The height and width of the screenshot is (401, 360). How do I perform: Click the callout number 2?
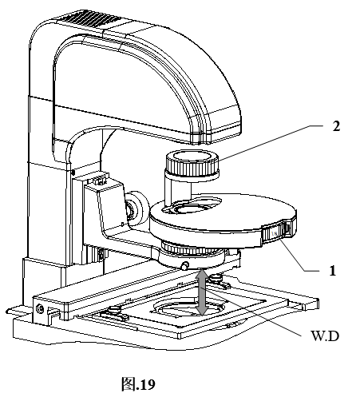(336, 126)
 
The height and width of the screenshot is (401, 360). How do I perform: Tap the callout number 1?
(332, 271)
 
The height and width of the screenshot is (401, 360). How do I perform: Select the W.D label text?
(325, 336)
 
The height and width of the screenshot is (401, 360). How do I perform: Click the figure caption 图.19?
(138, 384)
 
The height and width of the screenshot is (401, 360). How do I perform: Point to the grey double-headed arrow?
(202, 292)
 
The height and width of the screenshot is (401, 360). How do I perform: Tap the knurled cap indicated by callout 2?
(192, 163)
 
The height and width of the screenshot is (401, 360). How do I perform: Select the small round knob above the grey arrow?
(185, 265)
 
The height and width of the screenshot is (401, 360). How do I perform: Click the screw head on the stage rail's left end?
(40, 308)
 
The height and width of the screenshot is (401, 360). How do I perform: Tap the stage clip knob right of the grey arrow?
(216, 278)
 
